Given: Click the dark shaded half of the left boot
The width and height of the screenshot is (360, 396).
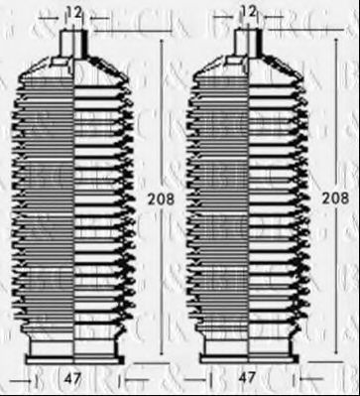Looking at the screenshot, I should tap(50, 198).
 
